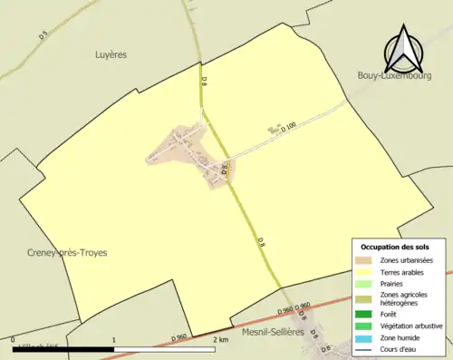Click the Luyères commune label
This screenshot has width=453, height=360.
[111, 54]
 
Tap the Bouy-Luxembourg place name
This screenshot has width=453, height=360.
[396, 75]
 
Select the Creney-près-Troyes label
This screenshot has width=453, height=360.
[62, 253]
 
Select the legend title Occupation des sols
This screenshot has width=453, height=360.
[394, 247]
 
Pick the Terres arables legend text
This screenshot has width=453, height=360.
[406, 271]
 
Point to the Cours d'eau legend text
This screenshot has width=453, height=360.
[404, 348]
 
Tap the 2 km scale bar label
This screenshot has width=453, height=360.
[220, 339]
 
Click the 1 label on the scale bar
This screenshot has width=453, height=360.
[113, 339]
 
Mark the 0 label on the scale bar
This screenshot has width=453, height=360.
[13, 339]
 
